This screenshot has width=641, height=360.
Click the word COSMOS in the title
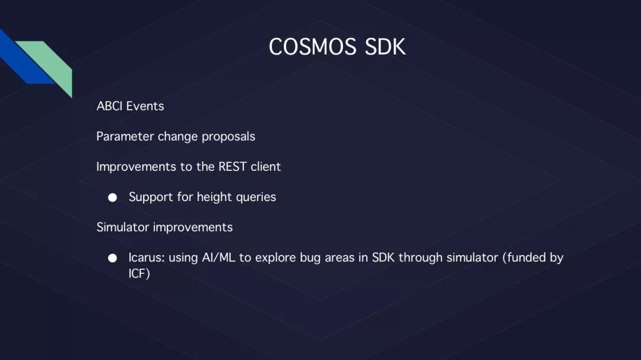312,47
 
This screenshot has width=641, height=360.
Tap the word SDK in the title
385,47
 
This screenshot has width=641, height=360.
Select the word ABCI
110,106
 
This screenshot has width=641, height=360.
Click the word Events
145,106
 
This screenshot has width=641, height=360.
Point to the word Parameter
125,136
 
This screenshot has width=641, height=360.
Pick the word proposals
229,137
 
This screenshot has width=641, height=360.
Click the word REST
233,167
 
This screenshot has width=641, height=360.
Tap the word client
266,167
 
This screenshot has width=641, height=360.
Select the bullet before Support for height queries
112,197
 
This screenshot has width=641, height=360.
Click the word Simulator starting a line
123,227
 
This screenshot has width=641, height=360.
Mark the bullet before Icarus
112,258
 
